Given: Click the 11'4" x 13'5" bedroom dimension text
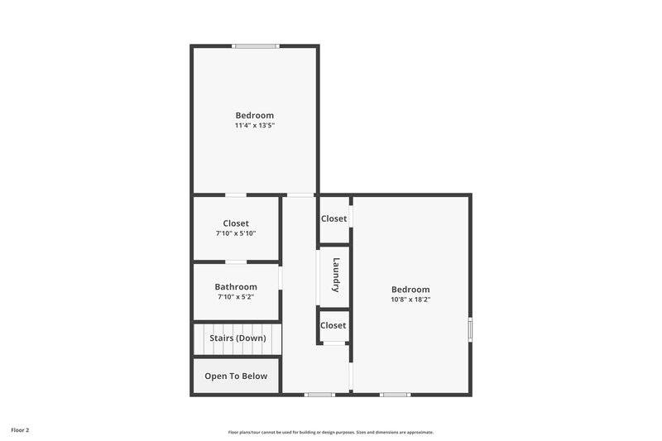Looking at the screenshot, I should pyautogui.click(x=254, y=126).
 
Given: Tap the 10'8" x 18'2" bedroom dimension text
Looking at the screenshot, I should pyautogui.click(x=410, y=300).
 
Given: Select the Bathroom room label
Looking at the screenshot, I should pyautogui.click(x=236, y=287).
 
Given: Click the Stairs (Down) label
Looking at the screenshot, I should pyautogui.click(x=237, y=338).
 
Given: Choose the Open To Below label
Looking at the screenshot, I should pyautogui.click(x=236, y=376).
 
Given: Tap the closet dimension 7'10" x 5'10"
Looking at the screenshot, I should pyautogui.click(x=236, y=233).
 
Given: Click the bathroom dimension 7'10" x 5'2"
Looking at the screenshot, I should pyautogui.click(x=236, y=297).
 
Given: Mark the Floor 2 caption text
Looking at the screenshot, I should pyautogui.click(x=20, y=430).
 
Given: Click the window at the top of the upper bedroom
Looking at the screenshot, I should pyautogui.click(x=255, y=46).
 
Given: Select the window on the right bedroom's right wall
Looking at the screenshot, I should pyautogui.click(x=470, y=329).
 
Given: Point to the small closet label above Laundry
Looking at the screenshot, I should pyautogui.click(x=333, y=218).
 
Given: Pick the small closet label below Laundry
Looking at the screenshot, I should pyautogui.click(x=333, y=325).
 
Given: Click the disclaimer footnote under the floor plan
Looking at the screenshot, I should pyautogui.click(x=331, y=432).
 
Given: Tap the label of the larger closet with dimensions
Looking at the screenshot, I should pyautogui.click(x=236, y=223).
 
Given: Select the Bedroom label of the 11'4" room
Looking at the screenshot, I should pyautogui.click(x=254, y=116).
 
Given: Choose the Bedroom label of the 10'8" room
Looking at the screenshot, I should pyautogui.click(x=410, y=290).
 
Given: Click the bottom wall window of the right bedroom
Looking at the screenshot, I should pyautogui.click(x=395, y=395).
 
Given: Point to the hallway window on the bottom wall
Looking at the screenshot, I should pyautogui.click(x=319, y=395).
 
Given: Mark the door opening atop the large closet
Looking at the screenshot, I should pyautogui.click(x=236, y=195).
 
